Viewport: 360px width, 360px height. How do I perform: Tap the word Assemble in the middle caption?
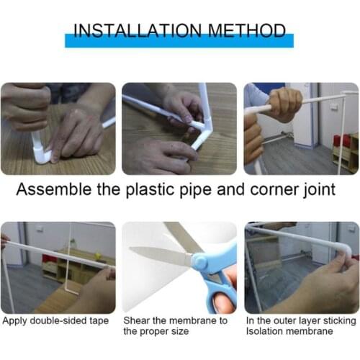coord(52,191)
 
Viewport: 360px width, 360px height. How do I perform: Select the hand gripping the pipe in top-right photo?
coord(283,104)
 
